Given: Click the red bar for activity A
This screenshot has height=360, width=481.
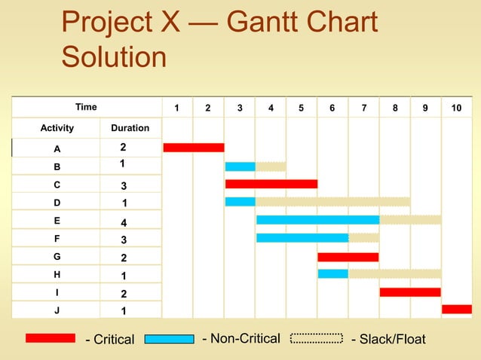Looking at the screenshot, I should pyautogui.click(x=194, y=147).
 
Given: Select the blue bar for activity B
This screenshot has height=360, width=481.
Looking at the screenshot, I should pyautogui.click(x=240, y=166).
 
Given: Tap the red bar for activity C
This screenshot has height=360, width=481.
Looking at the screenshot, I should pyautogui.click(x=271, y=184).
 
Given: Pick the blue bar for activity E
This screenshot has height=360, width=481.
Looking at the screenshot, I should pyautogui.click(x=317, y=220).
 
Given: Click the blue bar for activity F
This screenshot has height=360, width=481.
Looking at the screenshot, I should pyautogui.click(x=302, y=238).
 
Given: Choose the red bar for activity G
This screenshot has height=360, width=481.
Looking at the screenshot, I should pyautogui.click(x=348, y=257).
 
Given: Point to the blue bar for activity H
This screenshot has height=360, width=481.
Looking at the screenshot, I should pyautogui.click(x=332, y=273).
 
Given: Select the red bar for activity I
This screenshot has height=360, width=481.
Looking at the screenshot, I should pyautogui.click(x=410, y=291).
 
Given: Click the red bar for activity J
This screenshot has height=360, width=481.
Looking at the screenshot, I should pyautogui.click(x=457, y=309).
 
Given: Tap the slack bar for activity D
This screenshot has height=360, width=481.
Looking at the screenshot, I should pyautogui.click(x=332, y=202).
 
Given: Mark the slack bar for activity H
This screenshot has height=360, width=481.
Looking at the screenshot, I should pyautogui.click(x=394, y=273).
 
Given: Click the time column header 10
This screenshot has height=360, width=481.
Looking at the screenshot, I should pyautogui.click(x=456, y=108).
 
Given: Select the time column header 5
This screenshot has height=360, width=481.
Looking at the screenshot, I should pyautogui.click(x=301, y=108).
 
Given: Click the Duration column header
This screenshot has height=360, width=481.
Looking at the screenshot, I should pyautogui.click(x=130, y=128).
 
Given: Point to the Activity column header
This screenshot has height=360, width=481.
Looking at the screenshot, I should pyautogui.click(x=57, y=128).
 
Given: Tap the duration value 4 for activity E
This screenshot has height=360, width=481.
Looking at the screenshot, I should pyautogui.click(x=124, y=223).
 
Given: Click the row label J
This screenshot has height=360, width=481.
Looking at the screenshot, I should pyautogui.click(x=57, y=309).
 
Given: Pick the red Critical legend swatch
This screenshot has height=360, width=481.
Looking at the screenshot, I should pyautogui.click(x=50, y=338).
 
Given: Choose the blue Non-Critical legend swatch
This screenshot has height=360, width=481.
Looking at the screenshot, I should pyautogui.click(x=169, y=338).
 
